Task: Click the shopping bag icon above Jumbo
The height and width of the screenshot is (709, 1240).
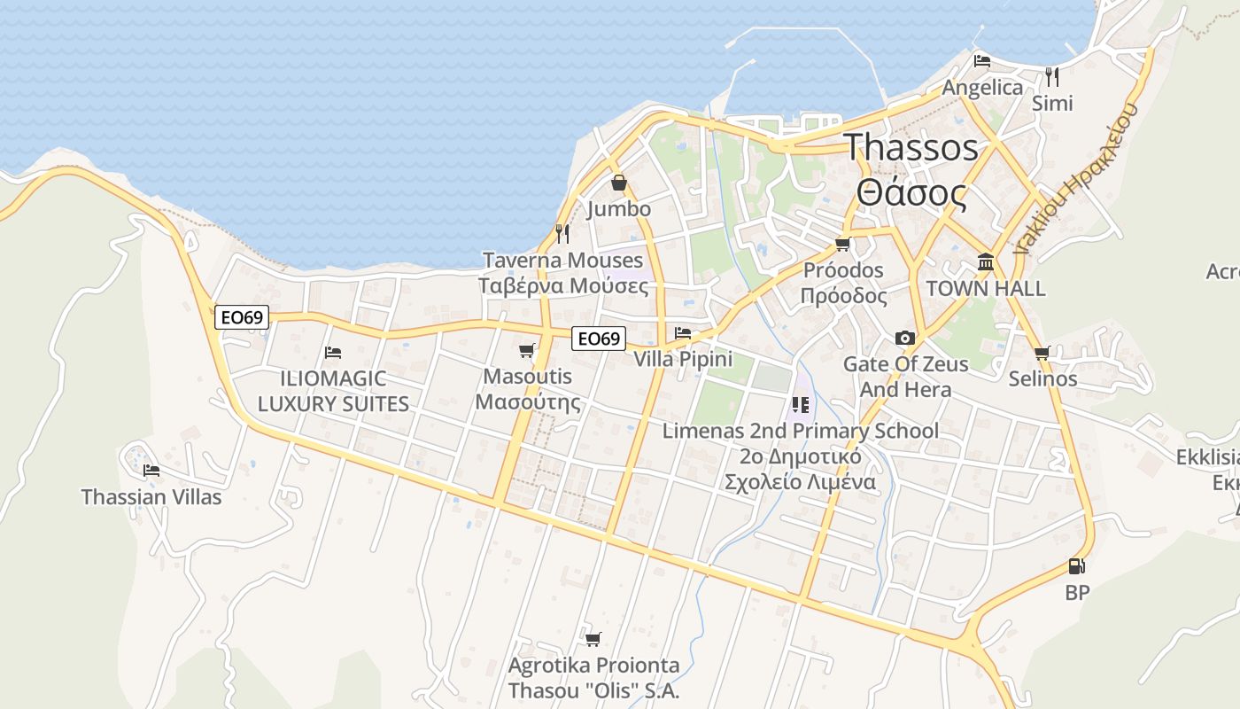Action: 619,183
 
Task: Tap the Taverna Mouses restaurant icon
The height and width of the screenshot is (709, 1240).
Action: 562,234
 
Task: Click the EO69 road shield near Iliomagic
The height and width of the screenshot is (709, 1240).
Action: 242,317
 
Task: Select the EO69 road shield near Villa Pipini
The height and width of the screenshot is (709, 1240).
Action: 598,339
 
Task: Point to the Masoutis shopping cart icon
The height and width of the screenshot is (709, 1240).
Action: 527,351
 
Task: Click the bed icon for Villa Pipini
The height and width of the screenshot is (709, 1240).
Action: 683,333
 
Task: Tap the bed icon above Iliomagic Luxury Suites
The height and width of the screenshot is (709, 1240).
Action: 333,353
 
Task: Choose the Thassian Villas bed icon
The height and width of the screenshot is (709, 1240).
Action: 151,471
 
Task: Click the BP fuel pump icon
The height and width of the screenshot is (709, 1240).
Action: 1076,566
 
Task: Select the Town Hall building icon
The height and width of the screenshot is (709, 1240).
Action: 985,262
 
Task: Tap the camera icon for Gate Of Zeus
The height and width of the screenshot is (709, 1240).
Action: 904,338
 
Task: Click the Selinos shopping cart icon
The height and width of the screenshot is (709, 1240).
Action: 1042,353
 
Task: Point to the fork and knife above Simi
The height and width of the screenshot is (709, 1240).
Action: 1052,76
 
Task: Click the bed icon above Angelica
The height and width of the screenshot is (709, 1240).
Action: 981,61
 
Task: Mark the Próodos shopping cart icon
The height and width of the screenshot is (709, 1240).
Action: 842,244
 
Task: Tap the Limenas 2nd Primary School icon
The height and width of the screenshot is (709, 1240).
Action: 801,405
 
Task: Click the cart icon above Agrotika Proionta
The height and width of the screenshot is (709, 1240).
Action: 593,639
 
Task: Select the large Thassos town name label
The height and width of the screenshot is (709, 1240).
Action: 911,147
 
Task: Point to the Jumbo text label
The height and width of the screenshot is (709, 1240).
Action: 619,209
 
